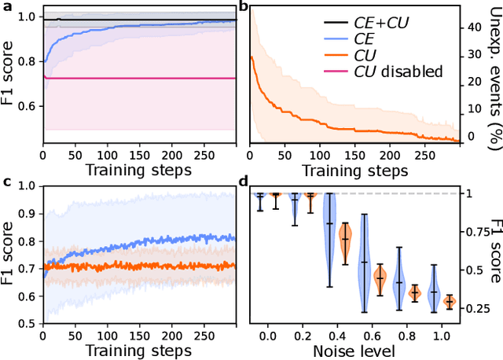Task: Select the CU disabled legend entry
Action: (x=387, y=72)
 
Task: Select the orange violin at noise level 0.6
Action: (x=380, y=277)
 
